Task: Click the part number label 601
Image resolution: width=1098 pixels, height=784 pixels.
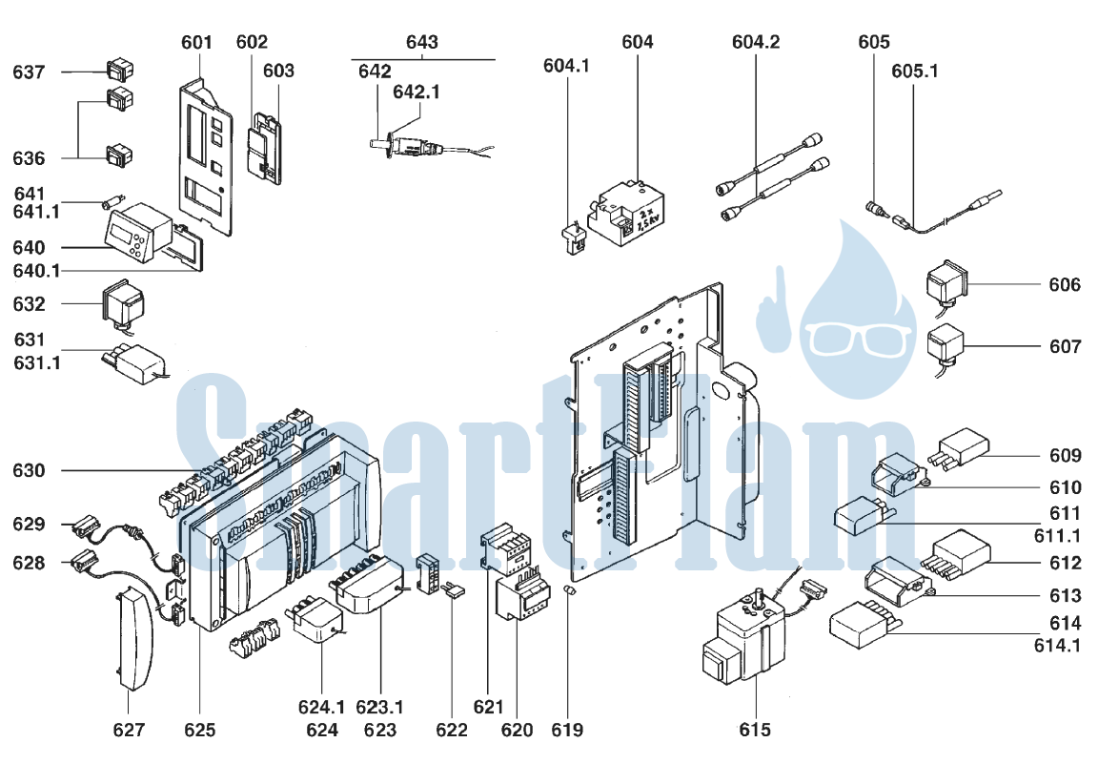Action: click(x=196, y=43)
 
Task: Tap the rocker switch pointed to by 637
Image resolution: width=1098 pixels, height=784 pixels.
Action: click(x=120, y=70)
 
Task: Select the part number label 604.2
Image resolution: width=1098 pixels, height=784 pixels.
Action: click(x=756, y=42)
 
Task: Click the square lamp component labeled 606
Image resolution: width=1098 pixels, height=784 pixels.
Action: click(x=946, y=282)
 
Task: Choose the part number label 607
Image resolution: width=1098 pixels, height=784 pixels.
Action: click(x=1065, y=346)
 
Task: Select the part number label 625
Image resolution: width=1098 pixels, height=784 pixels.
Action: click(x=199, y=730)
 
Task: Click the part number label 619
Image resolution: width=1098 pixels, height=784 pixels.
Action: click(x=566, y=730)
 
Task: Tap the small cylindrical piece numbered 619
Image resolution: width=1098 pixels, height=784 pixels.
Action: click(x=570, y=591)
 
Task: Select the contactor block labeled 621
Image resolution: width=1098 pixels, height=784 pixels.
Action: click(x=505, y=547)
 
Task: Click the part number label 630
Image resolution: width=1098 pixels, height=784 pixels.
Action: click(x=29, y=470)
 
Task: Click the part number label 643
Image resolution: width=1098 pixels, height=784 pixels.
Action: click(x=421, y=42)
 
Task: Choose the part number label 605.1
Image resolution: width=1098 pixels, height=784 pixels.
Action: click(x=915, y=71)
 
